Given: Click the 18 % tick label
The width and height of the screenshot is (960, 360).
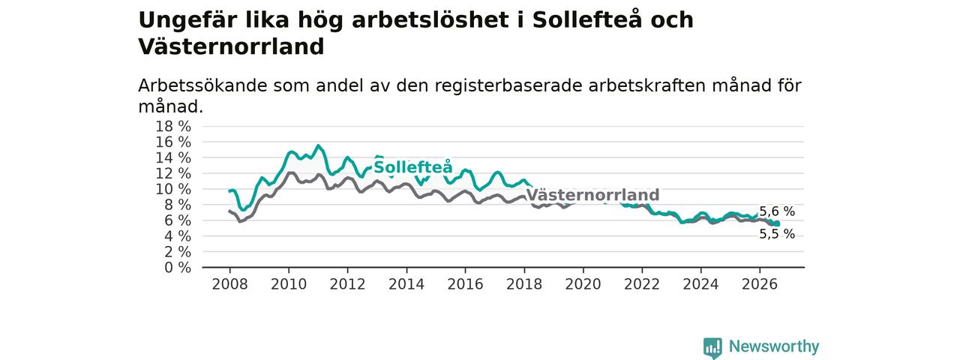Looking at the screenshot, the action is [x=173, y=127].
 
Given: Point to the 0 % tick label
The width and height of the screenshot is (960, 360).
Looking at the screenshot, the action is [x=178, y=268].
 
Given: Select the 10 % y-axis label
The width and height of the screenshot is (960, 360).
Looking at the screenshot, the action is [x=173, y=189].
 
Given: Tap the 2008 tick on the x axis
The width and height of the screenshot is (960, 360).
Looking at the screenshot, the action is [x=229, y=284].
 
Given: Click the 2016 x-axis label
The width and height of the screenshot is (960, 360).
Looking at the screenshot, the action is [x=466, y=284].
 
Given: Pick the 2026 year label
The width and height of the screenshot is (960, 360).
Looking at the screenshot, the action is [x=760, y=284].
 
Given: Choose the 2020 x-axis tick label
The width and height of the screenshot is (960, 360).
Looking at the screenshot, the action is [x=583, y=284].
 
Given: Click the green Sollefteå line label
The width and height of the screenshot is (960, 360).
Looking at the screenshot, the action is [x=413, y=167].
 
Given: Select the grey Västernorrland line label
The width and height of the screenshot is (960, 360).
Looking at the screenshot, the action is [x=592, y=195].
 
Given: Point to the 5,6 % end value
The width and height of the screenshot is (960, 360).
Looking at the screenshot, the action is [x=777, y=211].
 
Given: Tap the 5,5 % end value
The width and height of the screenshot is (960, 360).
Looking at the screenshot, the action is [x=777, y=234].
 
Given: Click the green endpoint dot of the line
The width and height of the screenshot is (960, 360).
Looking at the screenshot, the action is [x=777, y=223].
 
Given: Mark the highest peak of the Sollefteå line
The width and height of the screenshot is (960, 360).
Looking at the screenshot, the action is [x=318, y=145].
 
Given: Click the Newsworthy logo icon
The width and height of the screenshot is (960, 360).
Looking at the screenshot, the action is [x=712, y=347].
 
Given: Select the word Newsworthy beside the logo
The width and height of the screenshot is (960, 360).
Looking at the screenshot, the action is [x=774, y=346].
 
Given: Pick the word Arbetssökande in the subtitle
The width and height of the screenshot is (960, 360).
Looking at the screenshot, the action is [x=202, y=85].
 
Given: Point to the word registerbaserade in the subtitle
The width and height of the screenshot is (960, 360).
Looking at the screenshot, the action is [x=508, y=86].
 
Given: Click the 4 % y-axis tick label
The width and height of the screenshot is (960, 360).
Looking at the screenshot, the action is [x=178, y=236].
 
